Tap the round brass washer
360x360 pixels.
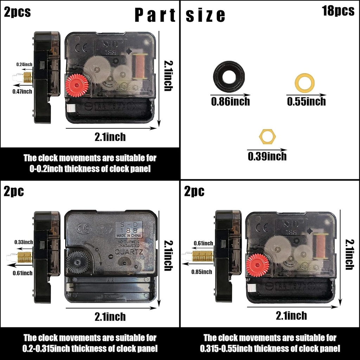[x=304, y=83]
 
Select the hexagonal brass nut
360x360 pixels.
[x=267, y=136]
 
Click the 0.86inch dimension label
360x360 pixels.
[x=230, y=102]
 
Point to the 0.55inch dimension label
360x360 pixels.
[x=306, y=102]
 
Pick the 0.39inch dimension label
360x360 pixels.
[x=267, y=156]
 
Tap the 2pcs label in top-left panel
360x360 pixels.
[x=17, y=12]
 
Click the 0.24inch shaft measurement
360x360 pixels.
[x=24, y=64]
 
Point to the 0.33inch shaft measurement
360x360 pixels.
[x=24, y=242]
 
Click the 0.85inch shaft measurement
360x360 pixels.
[x=201, y=271]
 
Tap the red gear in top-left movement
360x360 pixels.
[x=77, y=85]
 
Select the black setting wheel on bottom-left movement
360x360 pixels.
[x=78, y=262]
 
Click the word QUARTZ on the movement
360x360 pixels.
[x=128, y=252]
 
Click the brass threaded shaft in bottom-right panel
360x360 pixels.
[x=203, y=256]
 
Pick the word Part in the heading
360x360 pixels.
[x=155, y=16]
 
